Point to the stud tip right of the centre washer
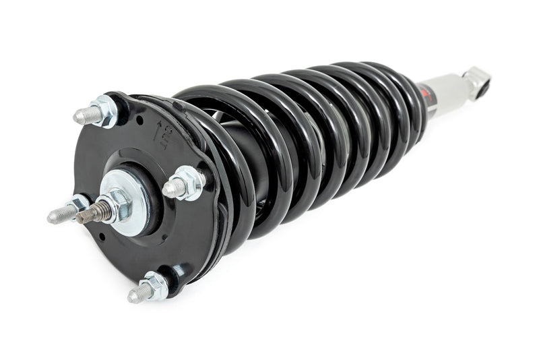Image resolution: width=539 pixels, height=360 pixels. pos(168,189)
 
